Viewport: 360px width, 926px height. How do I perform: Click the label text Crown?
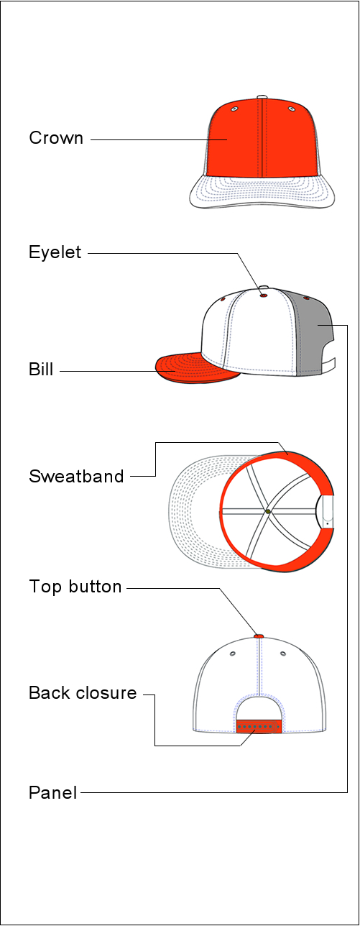[x=56, y=138]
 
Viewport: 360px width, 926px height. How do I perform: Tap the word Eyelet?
[x=55, y=252]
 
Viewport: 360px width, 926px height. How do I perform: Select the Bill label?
[x=41, y=369]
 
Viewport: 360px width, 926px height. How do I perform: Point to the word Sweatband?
[x=76, y=476]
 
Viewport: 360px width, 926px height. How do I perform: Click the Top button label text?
[x=75, y=587]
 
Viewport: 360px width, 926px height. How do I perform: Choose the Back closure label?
[x=83, y=693]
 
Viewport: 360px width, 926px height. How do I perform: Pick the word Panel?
[x=53, y=793]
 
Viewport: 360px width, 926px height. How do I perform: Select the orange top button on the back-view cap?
[x=259, y=636]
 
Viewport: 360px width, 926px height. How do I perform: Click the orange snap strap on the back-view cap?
[x=259, y=726]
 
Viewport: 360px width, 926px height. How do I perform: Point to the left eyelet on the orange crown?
[x=234, y=109]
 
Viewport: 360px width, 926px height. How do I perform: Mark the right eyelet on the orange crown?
[x=292, y=109]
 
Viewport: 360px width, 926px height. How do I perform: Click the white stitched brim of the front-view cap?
[x=262, y=192]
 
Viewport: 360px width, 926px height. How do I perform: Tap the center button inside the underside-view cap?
[x=268, y=511]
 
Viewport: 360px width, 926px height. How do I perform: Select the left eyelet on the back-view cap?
[x=232, y=654]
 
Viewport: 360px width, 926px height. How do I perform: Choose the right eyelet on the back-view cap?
[x=283, y=654]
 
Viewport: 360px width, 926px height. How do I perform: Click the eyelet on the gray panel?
[x=306, y=298]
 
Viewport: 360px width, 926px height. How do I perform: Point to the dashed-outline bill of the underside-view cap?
[x=194, y=512]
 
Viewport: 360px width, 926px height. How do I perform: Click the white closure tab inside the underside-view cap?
[x=328, y=512]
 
